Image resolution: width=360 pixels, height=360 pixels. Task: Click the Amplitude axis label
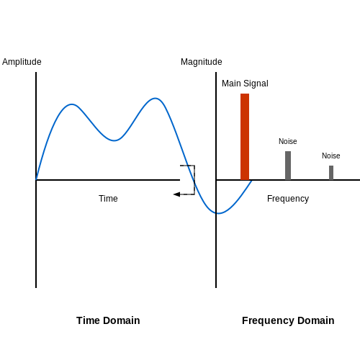[x=22, y=62]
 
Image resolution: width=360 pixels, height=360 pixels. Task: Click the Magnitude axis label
[x=202, y=62]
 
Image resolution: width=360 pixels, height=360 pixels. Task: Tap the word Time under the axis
[x=108, y=199]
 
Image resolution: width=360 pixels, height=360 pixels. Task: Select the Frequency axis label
[x=288, y=199]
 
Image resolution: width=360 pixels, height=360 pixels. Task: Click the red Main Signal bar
[x=245, y=137]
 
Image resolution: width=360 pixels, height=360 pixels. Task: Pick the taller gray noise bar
[x=288, y=166]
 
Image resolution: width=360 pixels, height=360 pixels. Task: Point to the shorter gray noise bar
[x=331, y=173]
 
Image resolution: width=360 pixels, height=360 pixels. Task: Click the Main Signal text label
[x=245, y=84]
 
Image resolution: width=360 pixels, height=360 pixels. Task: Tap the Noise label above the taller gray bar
[x=288, y=141]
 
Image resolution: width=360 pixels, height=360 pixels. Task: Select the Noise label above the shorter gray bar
[x=331, y=156]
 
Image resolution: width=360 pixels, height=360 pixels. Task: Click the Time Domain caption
[x=108, y=320]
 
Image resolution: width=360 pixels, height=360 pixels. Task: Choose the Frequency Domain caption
[x=288, y=321]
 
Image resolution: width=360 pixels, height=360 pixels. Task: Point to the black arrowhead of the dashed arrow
[x=176, y=194]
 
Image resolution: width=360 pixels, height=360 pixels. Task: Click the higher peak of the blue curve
[x=156, y=98]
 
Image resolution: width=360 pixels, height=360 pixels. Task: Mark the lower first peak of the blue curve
[x=72, y=104]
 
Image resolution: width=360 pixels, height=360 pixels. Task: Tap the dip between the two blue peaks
[x=114, y=140]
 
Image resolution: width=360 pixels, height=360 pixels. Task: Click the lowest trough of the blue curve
[x=219, y=213]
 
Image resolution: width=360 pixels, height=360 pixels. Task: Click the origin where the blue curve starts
[x=36, y=180]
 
